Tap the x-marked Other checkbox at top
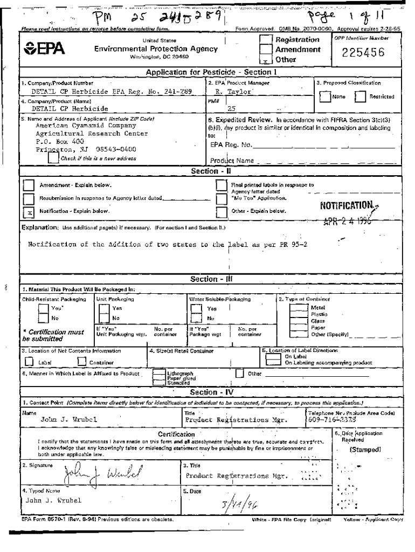click(266, 59)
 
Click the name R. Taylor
click(230, 92)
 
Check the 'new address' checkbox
click(53, 158)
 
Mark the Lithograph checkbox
click(159, 372)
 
